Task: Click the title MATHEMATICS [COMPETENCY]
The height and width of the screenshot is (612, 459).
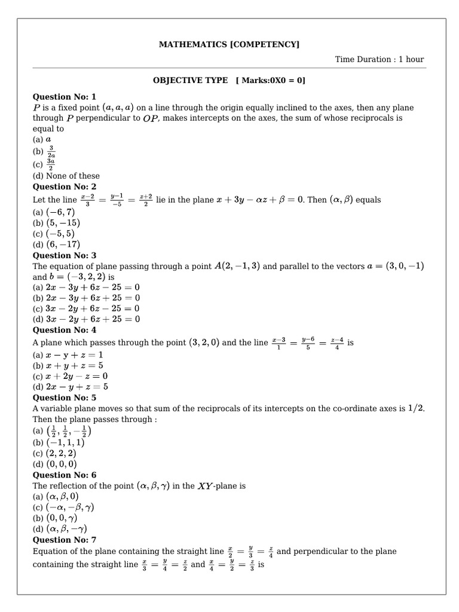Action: pyautogui.click(x=229, y=44)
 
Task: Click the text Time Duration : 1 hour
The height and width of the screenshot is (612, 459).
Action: pyautogui.click(x=380, y=59)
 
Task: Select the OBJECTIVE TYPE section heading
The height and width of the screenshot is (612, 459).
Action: pyautogui.click(x=229, y=80)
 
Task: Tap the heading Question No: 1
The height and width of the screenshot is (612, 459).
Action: pyautogui.click(x=64, y=96)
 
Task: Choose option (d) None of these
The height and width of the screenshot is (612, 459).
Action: pyautogui.click(x=66, y=176)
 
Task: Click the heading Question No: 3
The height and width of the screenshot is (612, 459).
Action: pyautogui.click(x=64, y=255)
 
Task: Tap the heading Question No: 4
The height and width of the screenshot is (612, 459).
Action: pyautogui.click(x=64, y=330)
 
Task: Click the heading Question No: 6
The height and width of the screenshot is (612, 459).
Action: pyautogui.click(x=64, y=475)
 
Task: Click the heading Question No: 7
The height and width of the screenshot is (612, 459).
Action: pyautogui.click(x=64, y=539)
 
